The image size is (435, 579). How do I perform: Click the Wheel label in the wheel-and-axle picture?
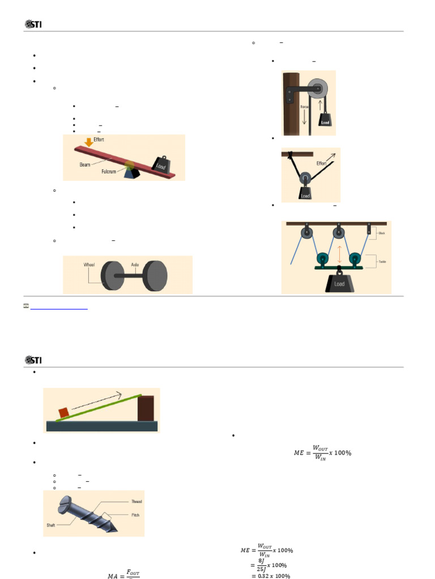pyautogui.click(x=89, y=264)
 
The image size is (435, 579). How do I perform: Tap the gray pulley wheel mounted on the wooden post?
pyautogui.click(x=318, y=89)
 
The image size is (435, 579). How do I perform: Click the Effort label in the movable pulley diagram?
pyautogui.click(x=322, y=163)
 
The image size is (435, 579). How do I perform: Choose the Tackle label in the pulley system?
pyautogui.click(x=382, y=262)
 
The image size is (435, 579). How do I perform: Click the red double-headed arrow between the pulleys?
pyautogui.click(x=339, y=251)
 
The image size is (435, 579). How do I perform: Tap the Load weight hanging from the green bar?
pyautogui.click(x=339, y=283)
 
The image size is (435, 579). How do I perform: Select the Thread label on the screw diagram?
pyautogui.click(x=136, y=502)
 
